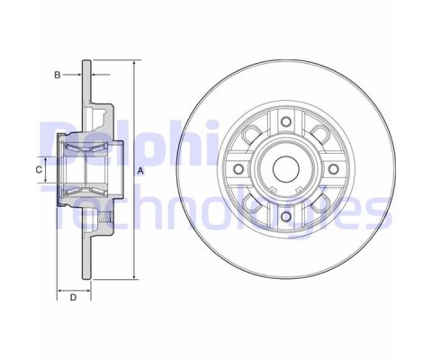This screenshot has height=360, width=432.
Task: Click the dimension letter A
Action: (x=140, y=171)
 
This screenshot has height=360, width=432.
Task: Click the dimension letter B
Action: (x=58, y=75)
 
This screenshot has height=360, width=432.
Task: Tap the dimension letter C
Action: (x=39, y=170)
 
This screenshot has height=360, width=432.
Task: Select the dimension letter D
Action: (x=73, y=297)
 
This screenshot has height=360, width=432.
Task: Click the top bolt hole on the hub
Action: (x=286, y=121)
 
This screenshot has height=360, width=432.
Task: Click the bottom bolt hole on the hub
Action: (x=286, y=216)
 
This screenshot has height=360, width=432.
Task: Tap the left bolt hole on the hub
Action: (x=238, y=169)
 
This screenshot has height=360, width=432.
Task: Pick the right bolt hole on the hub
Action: (x=333, y=169)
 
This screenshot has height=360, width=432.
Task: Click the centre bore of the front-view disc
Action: (x=286, y=169)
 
